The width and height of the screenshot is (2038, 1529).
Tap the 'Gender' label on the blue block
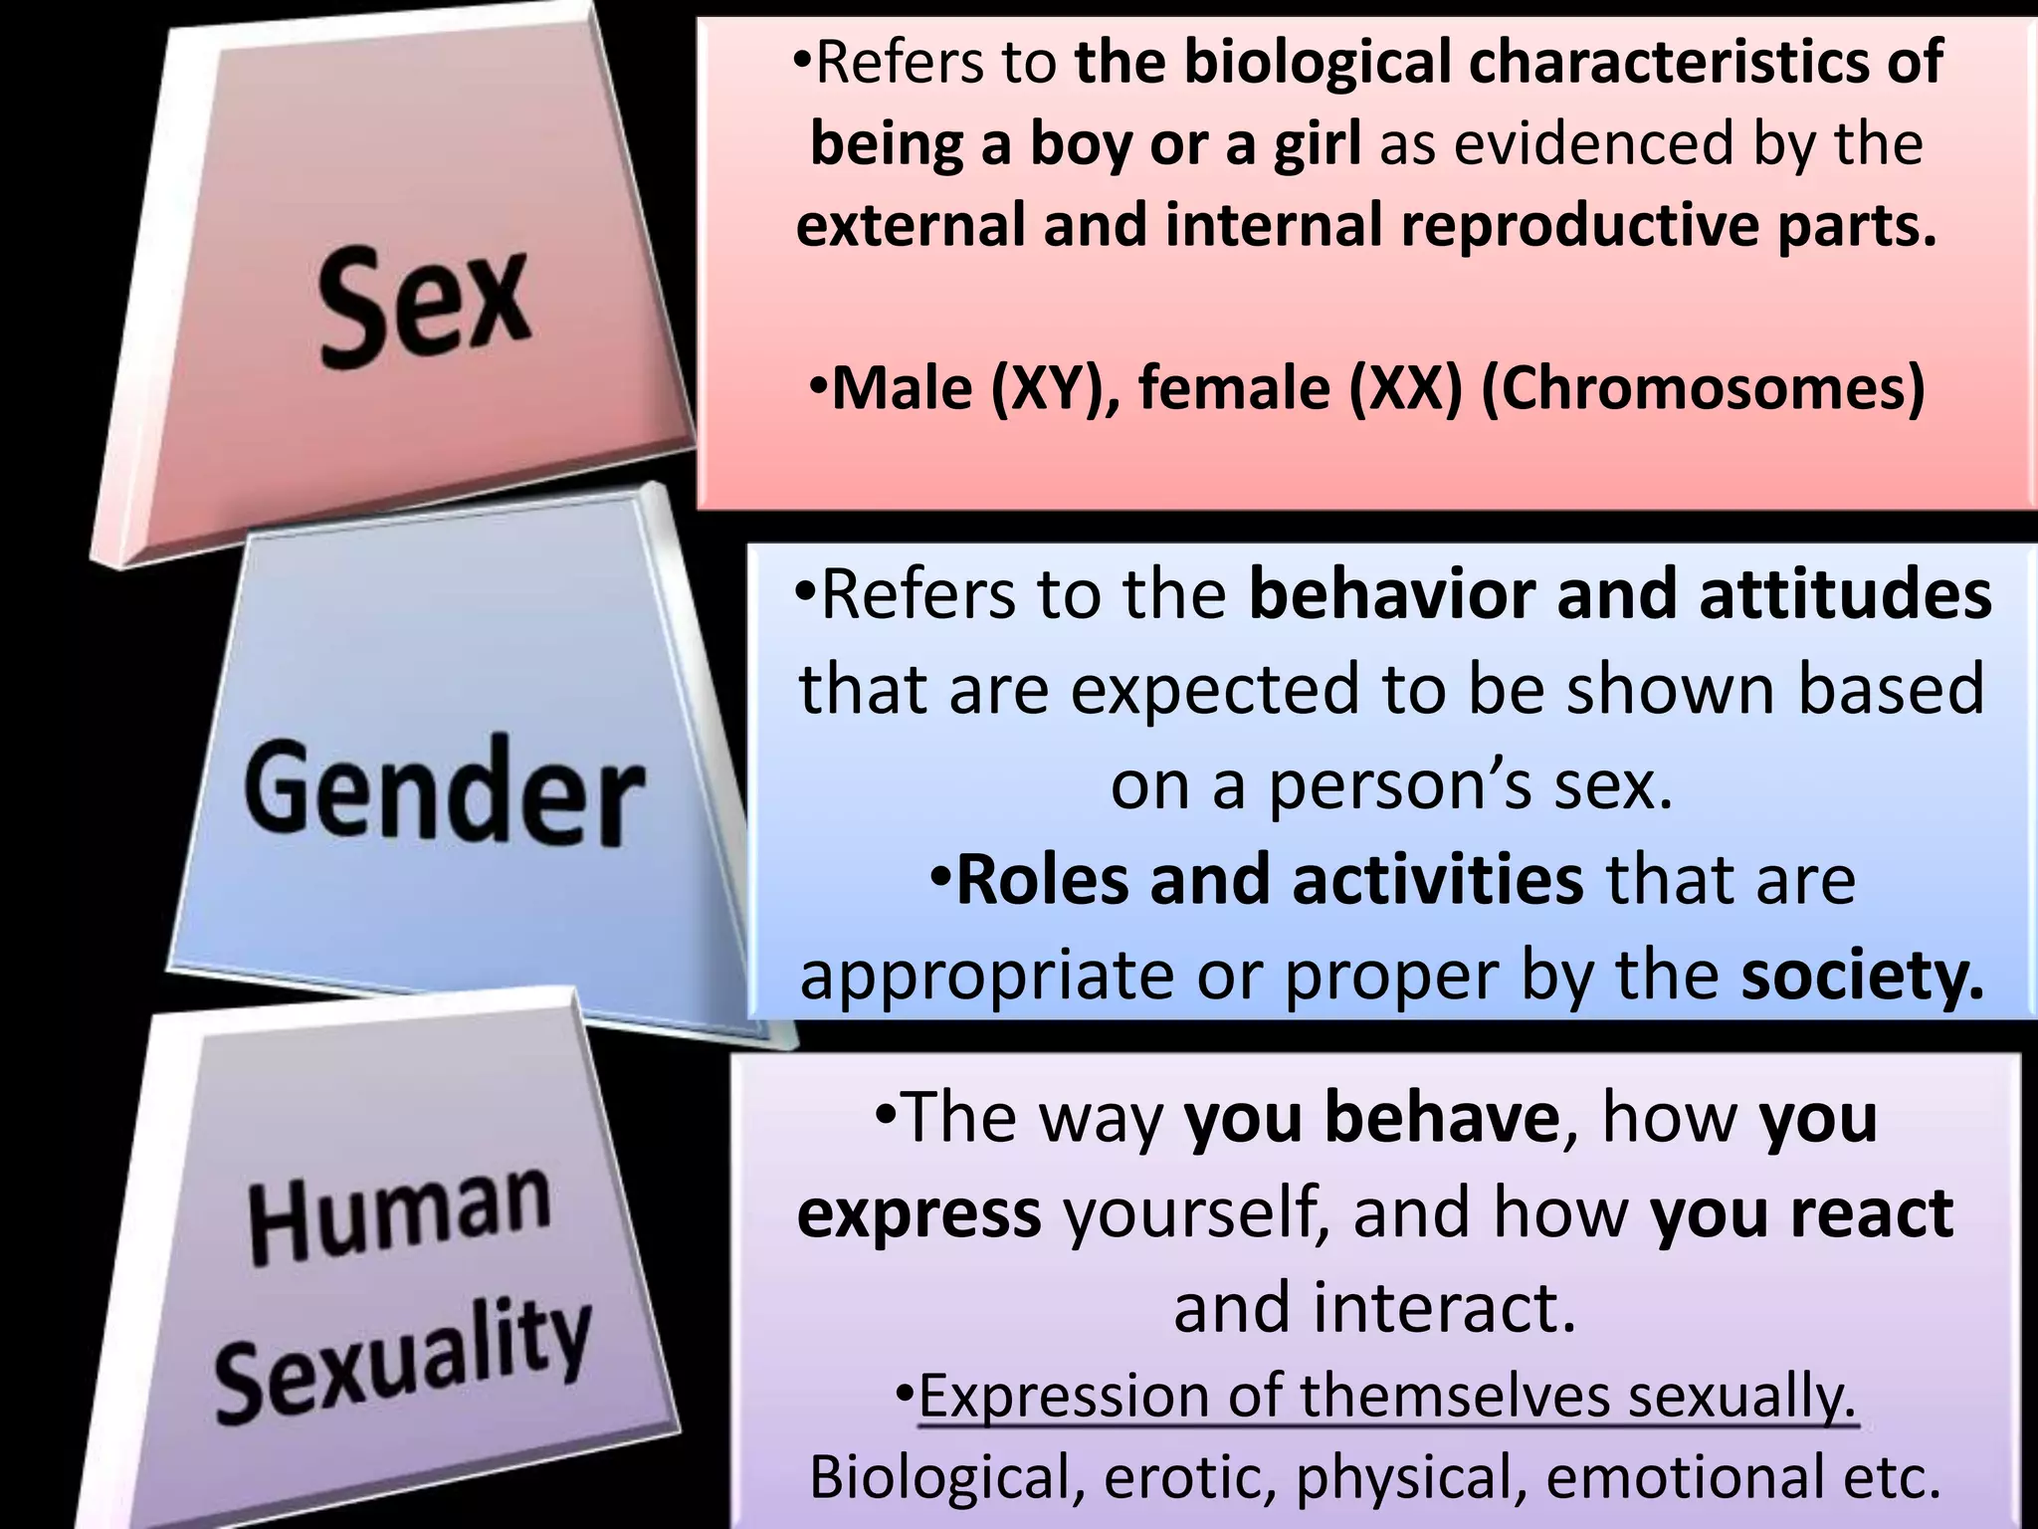444,792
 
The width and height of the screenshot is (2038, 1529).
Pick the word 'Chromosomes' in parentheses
1704,388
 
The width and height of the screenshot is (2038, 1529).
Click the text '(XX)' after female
1406,388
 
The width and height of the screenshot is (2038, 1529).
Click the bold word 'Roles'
1042,880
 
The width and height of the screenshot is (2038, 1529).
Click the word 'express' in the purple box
918,1214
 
